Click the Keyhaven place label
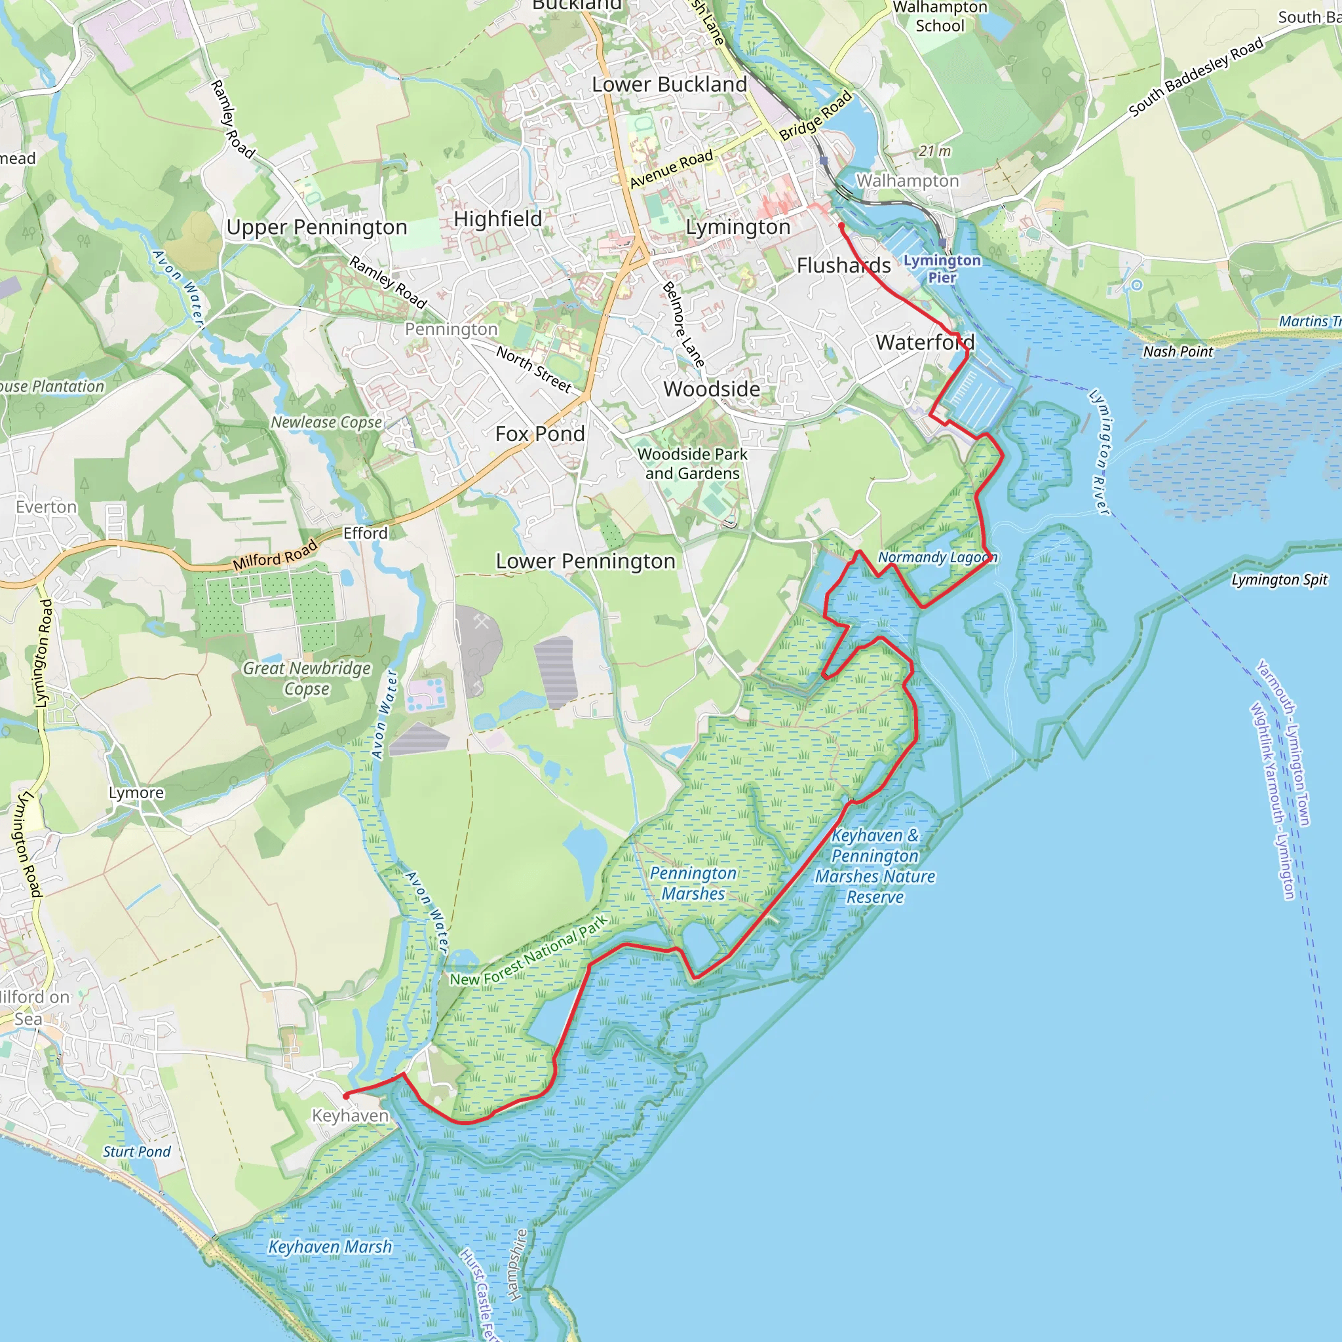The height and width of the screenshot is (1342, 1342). click(x=350, y=1115)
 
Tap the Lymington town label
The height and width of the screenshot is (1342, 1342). click(x=738, y=227)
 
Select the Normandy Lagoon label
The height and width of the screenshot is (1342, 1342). click(x=937, y=557)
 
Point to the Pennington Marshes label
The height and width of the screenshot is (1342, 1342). click(x=693, y=883)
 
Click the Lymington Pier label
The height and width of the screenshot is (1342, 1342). click(x=942, y=269)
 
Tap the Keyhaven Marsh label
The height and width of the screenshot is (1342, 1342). click(x=330, y=1247)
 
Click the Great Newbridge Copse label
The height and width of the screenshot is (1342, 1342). click(x=306, y=678)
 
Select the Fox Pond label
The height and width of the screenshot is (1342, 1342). click(x=540, y=434)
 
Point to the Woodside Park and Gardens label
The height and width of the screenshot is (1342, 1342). click(x=693, y=463)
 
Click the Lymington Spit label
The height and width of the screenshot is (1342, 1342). click(x=1280, y=579)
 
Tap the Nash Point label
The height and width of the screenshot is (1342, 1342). click(x=1178, y=351)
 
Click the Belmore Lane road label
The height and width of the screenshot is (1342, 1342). click(x=683, y=324)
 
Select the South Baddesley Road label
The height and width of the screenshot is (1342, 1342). click(x=1195, y=77)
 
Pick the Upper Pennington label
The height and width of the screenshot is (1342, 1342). click(x=316, y=227)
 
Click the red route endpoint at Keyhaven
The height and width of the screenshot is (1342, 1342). click(x=346, y=1096)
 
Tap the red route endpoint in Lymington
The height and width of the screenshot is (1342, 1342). click(x=841, y=226)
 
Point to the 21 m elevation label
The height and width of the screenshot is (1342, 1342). click(x=934, y=151)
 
